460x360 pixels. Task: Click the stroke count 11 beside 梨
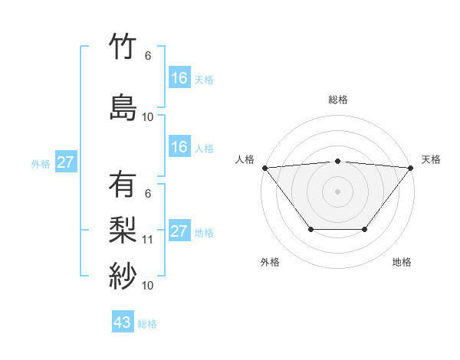tap(148, 239)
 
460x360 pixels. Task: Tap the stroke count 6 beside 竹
tap(148, 56)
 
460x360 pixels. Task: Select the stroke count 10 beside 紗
tap(148, 285)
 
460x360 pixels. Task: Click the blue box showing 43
tap(123, 322)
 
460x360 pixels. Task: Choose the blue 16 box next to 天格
tap(179, 78)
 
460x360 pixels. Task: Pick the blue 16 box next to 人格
tap(179, 147)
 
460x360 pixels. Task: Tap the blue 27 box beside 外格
tap(66, 162)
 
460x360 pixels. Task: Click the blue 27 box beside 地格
tap(179, 231)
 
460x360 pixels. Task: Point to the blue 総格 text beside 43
tap(147, 324)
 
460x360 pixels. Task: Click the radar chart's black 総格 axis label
tap(338, 100)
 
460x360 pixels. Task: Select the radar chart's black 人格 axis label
tap(245, 159)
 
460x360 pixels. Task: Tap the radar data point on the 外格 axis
tap(310, 229)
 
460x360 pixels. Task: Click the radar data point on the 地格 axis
tap(365, 229)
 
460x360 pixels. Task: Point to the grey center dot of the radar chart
tap(338, 191)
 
